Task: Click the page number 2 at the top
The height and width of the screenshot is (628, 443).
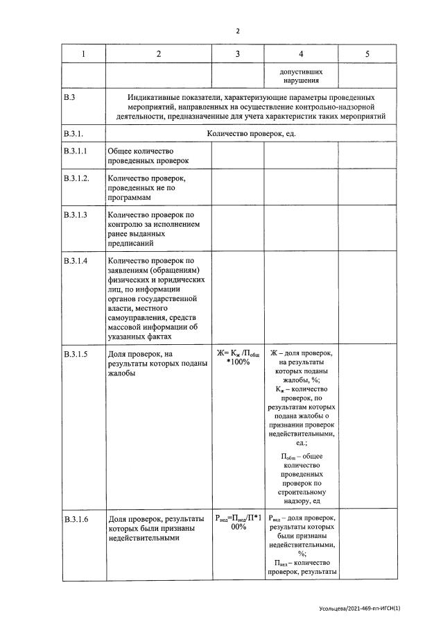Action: [237, 31]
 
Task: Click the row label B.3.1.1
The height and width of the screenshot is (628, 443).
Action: [75, 151]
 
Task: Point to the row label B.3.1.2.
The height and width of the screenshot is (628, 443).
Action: [76, 178]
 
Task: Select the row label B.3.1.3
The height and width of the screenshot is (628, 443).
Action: [75, 215]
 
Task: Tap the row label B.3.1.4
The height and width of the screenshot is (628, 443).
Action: [75, 261]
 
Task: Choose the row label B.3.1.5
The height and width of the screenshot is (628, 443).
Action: [75, 355]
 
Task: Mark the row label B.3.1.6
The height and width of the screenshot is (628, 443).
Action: [75, 519]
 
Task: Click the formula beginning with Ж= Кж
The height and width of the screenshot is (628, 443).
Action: [237, 358]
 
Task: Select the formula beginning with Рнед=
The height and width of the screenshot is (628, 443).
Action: [237, 523]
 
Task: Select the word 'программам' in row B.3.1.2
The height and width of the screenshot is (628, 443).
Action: [130, 198]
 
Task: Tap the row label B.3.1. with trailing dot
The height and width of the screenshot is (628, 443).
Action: [76, 133]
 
